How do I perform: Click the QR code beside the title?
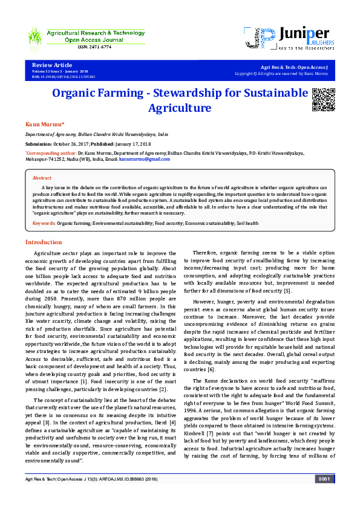(322, 99)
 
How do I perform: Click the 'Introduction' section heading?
(43, 242)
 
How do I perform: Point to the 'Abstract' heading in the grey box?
(42, 178)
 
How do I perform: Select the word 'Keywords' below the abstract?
(43, 224)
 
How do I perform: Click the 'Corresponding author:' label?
(51, 154)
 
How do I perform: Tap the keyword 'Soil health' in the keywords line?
(247, 224)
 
